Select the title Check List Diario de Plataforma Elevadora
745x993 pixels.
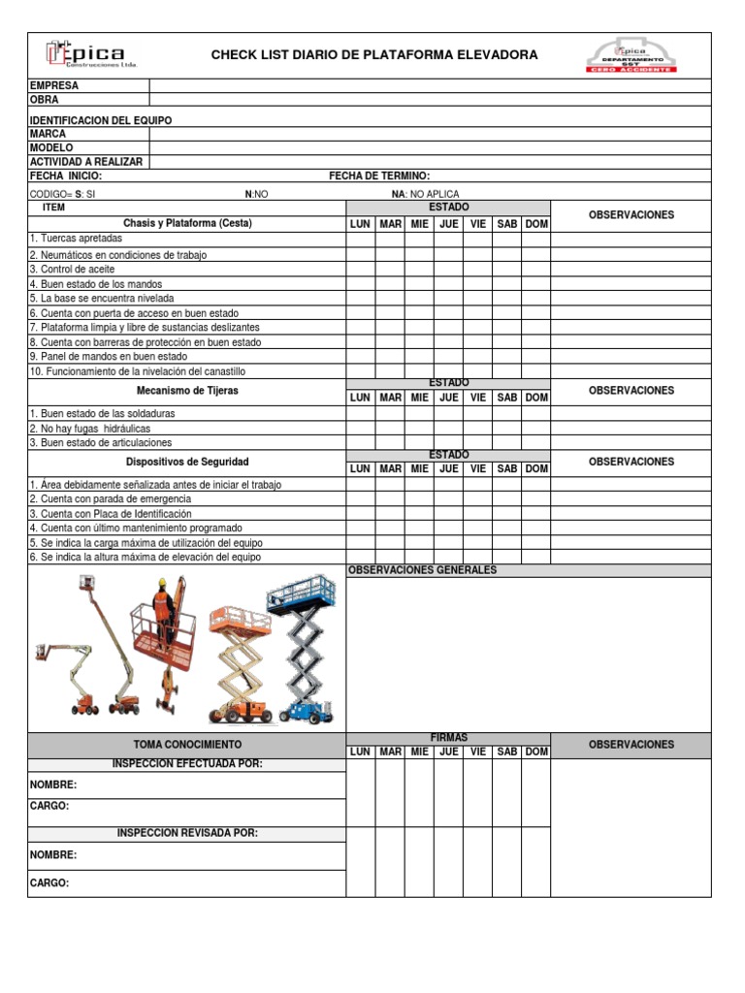(374, 55)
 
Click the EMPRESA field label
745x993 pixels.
(54, 85)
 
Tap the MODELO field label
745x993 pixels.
(51, 147)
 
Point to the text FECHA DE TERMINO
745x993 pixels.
(379, 176)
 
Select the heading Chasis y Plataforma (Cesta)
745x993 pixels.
(187, 223)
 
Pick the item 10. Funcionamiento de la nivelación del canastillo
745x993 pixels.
(138, 371)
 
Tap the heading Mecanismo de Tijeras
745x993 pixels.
(187, 391)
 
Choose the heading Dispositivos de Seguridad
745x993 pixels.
(187, 462)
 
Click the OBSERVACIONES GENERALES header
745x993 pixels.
(422, 570)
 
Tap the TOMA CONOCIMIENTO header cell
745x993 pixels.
(187, 745)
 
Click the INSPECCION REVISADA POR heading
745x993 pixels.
(187, 833)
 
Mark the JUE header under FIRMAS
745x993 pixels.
(448, 752)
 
